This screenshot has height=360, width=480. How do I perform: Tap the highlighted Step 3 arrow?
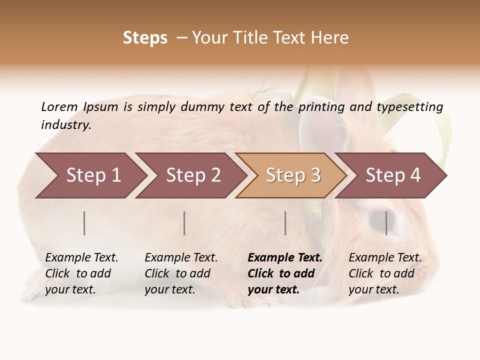[292, 175]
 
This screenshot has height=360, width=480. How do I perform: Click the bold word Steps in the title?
[145, 38]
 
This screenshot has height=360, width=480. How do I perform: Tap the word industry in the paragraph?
[65, 124]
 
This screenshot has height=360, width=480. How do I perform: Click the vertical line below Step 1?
[84, 223]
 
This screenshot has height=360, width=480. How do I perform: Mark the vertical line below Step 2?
[184, 223]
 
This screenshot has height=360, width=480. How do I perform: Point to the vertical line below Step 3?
[285, 223]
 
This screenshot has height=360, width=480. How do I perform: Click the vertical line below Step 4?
[386, 223]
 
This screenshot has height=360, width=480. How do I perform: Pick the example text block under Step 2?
[180, 273]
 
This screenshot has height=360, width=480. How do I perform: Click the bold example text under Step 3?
[284, 273]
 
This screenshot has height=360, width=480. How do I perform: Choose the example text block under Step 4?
[384, 273]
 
